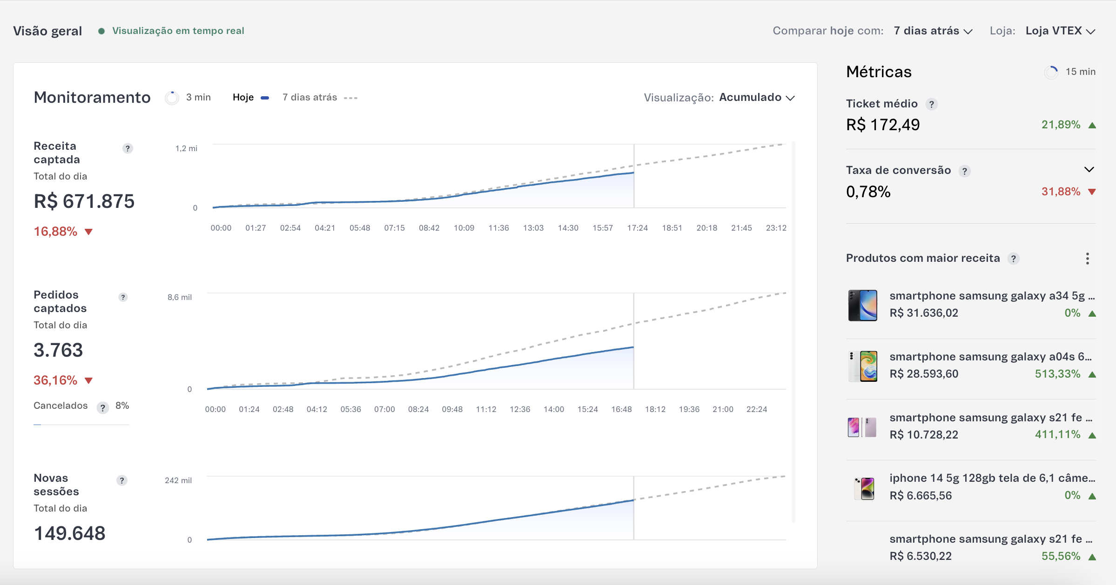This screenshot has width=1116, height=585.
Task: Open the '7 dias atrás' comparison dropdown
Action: tap(933, 31)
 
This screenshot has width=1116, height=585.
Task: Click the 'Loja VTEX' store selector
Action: tap(1060, 31)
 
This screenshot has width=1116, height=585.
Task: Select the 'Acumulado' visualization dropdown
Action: tap(757, 98)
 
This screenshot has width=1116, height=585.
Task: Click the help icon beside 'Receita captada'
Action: tap(128, 148)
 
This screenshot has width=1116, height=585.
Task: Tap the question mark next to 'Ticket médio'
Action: tap(931, 104)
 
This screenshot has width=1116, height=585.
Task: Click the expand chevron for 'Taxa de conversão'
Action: tap(1089, 170)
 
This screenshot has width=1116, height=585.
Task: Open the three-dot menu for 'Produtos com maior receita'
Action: tap(1087, 259)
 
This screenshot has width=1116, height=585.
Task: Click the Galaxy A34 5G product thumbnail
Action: tap(862, 305)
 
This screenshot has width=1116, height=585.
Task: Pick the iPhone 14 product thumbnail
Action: tap(864, 488)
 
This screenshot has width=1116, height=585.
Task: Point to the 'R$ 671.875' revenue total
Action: tap(84, 201)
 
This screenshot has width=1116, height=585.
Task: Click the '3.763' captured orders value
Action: tap(58, 350)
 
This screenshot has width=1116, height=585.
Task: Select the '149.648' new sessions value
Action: tap(70, 533)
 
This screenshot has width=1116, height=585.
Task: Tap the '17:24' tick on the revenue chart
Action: tap(637, 228)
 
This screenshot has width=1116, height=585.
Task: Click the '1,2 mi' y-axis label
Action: tap(186, 148)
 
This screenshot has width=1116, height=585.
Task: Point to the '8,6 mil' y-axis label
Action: tap(180, 297)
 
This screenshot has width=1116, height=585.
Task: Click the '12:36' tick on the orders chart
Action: tap(520, 409)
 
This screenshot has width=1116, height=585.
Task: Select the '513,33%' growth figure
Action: tap(1057, 374)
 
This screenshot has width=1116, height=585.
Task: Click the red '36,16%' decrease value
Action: tap(55, 380)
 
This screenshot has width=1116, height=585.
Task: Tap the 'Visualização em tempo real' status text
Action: tap(178, 31)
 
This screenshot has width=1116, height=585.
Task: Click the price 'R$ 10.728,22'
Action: tap(924, 435)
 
